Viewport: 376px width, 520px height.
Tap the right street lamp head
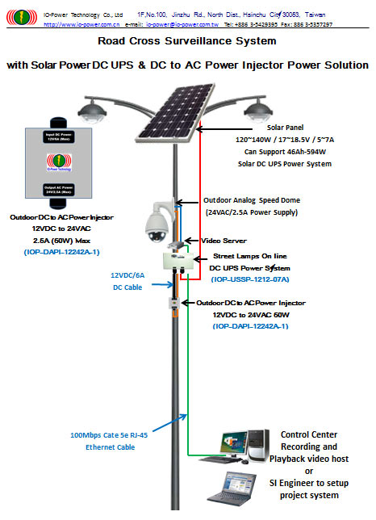pos(254,107)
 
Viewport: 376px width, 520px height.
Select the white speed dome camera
pos(156,220)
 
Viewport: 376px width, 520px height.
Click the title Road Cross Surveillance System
pos(188,40)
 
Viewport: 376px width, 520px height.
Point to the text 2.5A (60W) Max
pos(55,240)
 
